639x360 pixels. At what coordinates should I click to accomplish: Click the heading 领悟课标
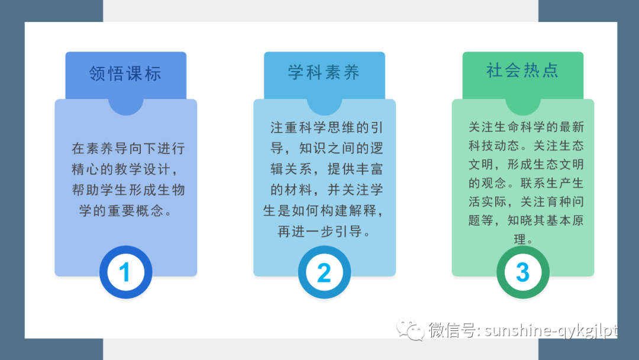pyautogui.click(x=125, y=74)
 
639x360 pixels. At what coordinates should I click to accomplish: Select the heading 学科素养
pyautogui.click(x=324, y=73)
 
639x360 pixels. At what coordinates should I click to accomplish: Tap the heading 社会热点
pyautogui.click(x=522, y=70)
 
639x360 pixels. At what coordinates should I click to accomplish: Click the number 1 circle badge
pyautogui.click(x=125, y=272)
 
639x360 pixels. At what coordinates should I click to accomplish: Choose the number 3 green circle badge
pyautogui.click(x=522, y=272)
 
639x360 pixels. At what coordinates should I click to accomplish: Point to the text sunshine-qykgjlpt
pyautogui.click(x=550, y=330)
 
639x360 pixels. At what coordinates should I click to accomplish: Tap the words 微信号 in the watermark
pyautogui.click(x=454, y=330)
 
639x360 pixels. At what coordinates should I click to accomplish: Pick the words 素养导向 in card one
pyautogui.click(x=113, y=149)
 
